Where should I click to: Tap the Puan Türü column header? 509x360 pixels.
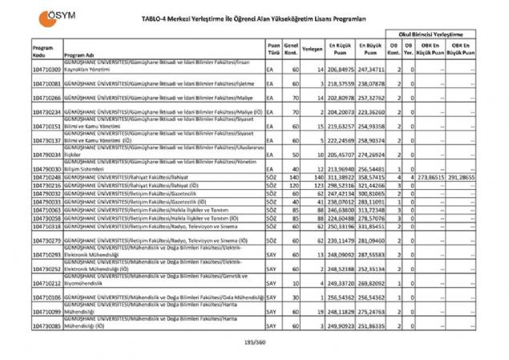coord(274,48)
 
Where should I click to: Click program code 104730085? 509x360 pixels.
coord(47,327)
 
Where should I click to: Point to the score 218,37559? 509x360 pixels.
coord(340,83)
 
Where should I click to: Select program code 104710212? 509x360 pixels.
coord(47,283)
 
